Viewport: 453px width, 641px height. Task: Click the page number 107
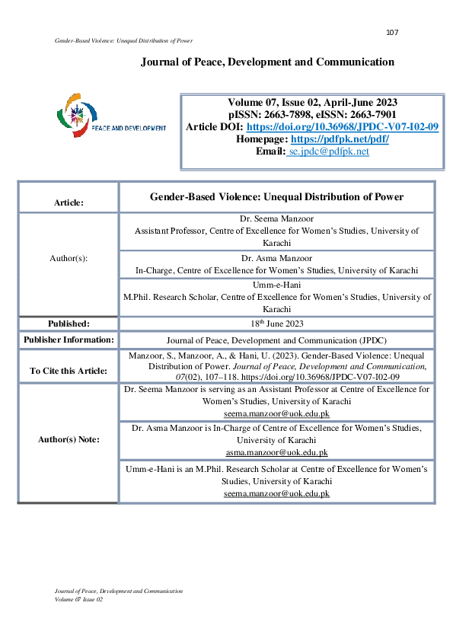click(x=392, y=32)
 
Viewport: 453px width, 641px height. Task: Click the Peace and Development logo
click(x=111, y=116)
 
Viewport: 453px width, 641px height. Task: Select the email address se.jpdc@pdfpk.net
click(x=329, y=151)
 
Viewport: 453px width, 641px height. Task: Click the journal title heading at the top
click(x=267, y=62)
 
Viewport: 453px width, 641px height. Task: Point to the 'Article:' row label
click(x=69, y=203)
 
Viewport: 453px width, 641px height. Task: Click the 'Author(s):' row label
click(x=69, y=258)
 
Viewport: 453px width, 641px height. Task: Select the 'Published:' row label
click(x=69, y=324)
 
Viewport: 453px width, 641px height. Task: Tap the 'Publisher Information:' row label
click(x=69, y=340)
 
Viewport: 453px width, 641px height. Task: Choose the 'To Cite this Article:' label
click(x=69, y=371)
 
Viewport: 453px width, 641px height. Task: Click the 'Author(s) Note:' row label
click(x=69, y=440)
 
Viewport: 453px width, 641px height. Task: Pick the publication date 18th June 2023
click(x=276, y=324)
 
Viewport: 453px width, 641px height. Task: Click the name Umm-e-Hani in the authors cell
click(x=276, y=285)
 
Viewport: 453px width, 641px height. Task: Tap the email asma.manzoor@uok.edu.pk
click(x=276, y=451)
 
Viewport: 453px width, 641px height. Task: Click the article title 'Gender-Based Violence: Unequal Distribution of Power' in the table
click(x=276, y=197)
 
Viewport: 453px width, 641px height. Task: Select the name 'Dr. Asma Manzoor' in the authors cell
click(x=276, y=258)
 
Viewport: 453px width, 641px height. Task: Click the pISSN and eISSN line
click(x=311, y=115)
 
